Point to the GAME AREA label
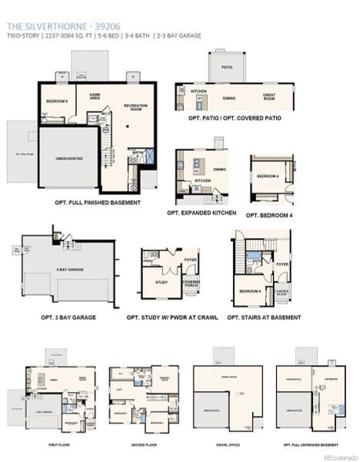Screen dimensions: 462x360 [x=95, y=97]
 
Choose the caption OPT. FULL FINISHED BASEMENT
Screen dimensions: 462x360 [x=97, y=203]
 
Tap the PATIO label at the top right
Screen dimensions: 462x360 [x=227, y=67]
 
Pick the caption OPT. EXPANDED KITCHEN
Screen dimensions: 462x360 [x=202, y=213]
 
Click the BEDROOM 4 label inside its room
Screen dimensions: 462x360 [x=267, y=176]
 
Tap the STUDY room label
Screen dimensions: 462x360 [x=162, y=282]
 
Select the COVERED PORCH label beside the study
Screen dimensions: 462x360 [x=191, y=283]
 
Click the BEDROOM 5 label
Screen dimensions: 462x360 [x=249, y=291]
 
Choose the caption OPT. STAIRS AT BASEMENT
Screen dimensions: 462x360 [x=264, y=317]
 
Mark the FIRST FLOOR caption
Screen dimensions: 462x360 [x=57, y=444]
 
